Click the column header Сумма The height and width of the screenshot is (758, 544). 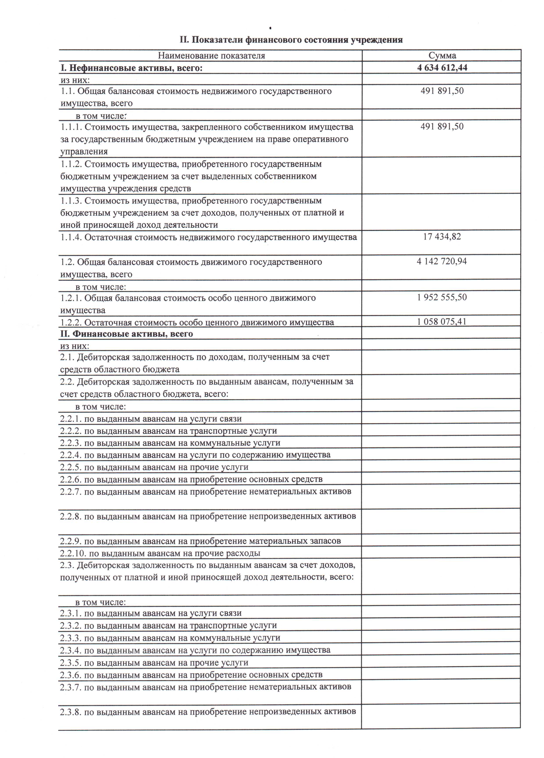442,55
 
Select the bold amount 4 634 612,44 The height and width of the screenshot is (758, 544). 442,68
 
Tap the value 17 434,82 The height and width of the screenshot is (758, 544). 442,237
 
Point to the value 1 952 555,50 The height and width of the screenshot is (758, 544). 442,297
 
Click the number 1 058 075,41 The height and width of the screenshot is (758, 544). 442,322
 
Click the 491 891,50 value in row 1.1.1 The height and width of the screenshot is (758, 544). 442,126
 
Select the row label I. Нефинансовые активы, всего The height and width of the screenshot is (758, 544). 131,68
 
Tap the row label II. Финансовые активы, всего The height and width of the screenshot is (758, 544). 126,334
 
